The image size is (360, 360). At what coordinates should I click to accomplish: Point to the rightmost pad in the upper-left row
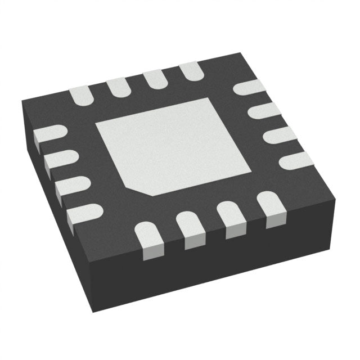190,71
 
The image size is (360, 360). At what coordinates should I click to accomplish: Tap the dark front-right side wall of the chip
236,264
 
